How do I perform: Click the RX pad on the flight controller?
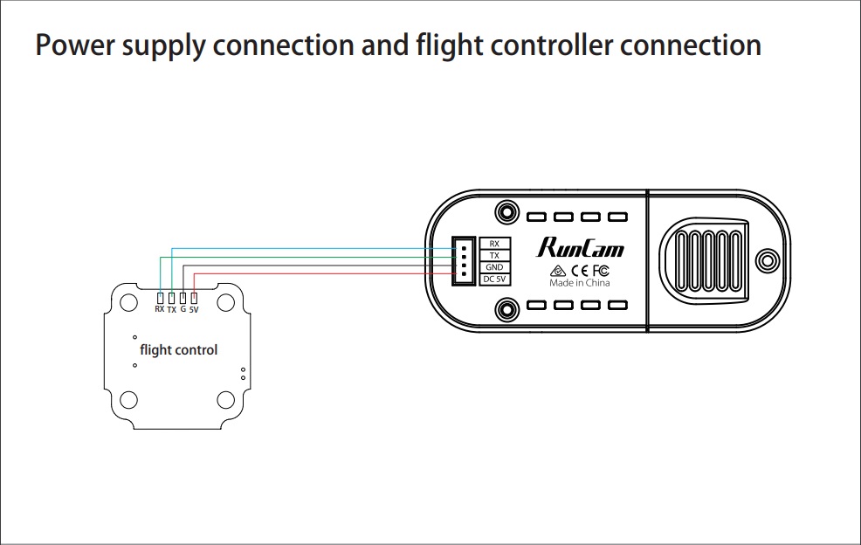161,299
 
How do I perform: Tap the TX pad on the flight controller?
172,299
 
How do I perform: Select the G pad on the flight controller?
183,299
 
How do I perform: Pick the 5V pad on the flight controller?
194,299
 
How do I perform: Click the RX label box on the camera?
495,244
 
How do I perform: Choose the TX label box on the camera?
495,255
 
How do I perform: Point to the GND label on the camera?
495,267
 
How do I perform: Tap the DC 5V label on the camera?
495,279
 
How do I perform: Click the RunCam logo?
581,248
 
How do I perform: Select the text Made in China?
580,283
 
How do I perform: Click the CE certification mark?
579,270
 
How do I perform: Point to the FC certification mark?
601,270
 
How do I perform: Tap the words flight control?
178,350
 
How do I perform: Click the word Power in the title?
75,45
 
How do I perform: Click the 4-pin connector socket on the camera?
464,261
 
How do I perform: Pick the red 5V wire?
325,273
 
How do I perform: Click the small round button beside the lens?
768,260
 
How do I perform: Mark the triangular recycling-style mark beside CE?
558,271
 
